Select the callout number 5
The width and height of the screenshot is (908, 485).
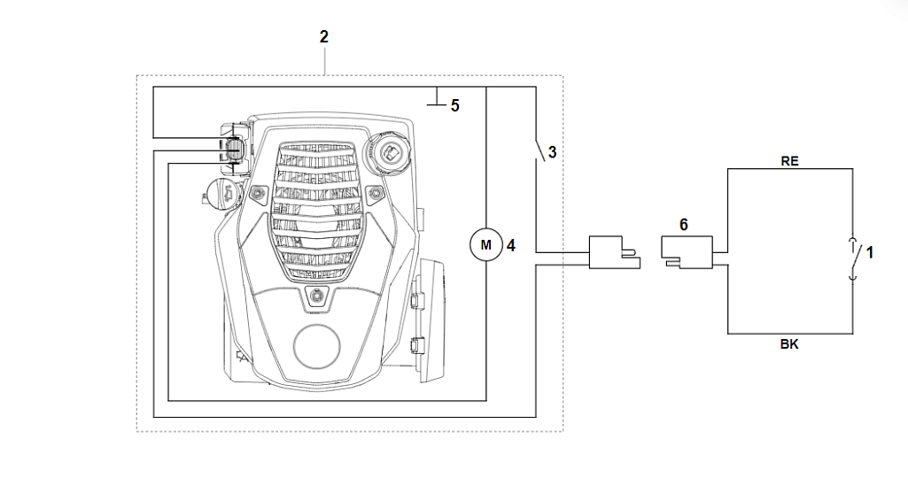(x=454, y=105)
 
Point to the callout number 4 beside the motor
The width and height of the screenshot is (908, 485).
(x=509, y=242)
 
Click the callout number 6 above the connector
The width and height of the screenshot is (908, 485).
(x=684, y=225)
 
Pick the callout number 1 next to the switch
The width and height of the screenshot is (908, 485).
(x=870, y=253)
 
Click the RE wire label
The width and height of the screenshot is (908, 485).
(x=789, y=161)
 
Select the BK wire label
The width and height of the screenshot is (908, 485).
(x=789, y=345)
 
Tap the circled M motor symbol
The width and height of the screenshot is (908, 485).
(x=485, y=243)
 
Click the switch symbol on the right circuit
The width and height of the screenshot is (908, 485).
(x=853, y=258)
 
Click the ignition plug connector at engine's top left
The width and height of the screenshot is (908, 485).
(x=232, y=149)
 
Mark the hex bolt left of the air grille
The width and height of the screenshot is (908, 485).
(x=257, y=192)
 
